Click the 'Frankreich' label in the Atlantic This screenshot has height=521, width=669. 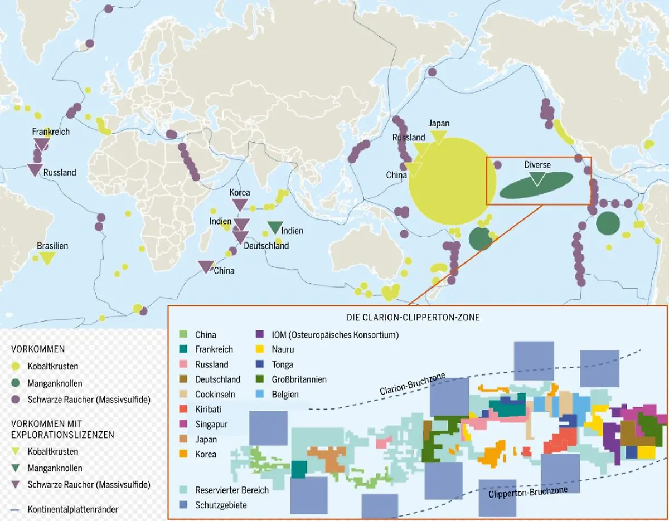51,132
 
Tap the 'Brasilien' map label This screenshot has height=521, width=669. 52,246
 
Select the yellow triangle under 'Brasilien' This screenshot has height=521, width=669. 47,258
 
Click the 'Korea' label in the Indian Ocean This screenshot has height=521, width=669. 240,193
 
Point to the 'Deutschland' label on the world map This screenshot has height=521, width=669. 266,246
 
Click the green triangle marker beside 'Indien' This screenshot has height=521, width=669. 274,227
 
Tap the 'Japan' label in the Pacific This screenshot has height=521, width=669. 439,124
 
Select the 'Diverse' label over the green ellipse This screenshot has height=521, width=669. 537,165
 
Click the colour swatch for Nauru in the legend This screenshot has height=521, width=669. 260,349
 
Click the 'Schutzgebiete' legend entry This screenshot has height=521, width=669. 221,505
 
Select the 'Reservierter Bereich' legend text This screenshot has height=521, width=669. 232,490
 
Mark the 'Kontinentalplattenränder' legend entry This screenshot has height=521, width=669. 73,509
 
